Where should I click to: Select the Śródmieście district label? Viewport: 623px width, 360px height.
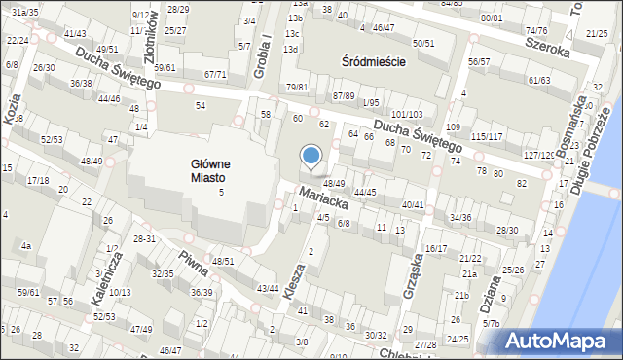(374, 60)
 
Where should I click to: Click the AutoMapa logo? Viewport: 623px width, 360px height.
(557, 342)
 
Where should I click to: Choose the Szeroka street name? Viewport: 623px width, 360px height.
(545, 44)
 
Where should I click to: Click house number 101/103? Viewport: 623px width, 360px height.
(406, 115)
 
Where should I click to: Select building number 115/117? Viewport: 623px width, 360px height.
(487, 136)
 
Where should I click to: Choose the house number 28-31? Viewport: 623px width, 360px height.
(144, 238)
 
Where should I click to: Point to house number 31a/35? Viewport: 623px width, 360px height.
(25, 12)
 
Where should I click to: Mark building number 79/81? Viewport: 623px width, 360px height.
(297, 88)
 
